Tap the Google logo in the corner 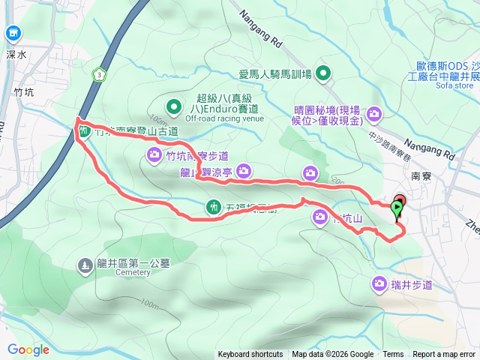(28, 349)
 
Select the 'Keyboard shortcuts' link (250, 355)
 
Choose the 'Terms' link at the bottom (393, 355)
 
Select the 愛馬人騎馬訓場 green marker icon (323, 73)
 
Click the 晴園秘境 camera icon (374, 114)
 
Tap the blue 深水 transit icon (13, 33)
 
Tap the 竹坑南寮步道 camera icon (154, 156)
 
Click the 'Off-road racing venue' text (224, 118)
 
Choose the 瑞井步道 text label (412, 284)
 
